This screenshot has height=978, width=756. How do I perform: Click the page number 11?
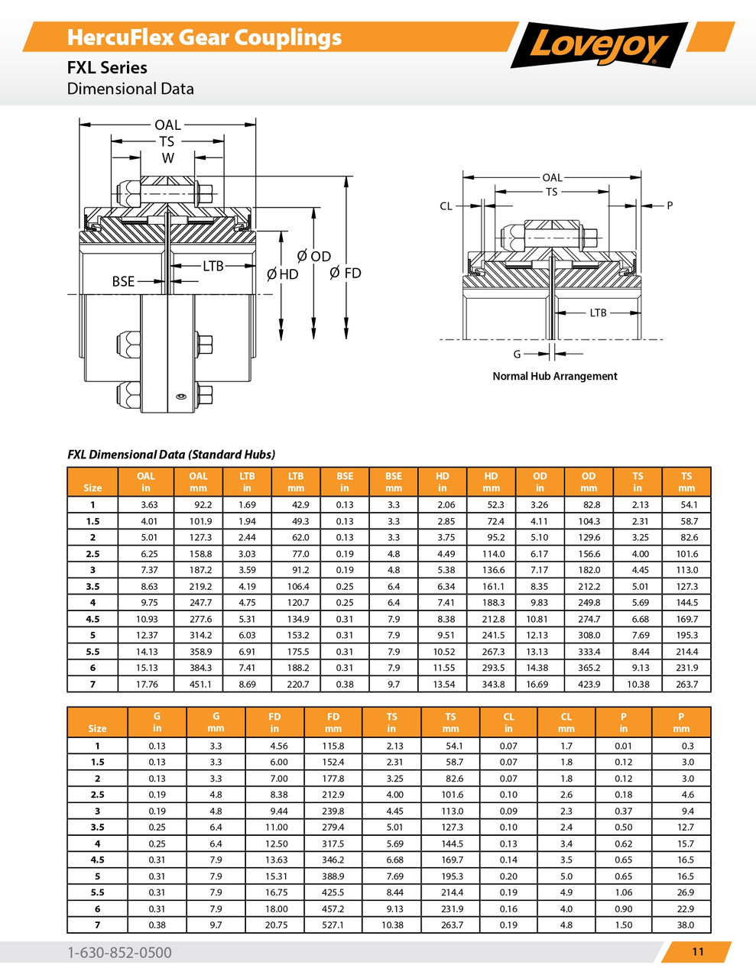click(x=697, y=951)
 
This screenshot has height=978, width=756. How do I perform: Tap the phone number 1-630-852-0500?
click(x=119, y=952)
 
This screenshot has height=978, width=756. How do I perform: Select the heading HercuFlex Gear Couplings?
click(x=204, y=37)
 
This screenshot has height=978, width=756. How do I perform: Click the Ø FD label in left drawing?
click(x=345, y=273)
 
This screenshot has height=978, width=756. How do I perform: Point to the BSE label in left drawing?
click(x=123, y=281)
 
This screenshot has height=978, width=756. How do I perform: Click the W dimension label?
click(x=167, y=158)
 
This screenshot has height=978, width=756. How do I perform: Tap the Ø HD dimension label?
click(x=283, y=274)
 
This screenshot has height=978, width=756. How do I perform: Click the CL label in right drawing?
click(x=446, y=206)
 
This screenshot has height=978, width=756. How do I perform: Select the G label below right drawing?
click(x=517, y=354)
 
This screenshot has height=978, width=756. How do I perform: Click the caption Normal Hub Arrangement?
click(x=554, y=376)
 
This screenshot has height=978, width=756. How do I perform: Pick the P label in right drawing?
click(x=670, y=206)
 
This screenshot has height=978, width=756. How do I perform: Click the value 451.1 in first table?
click(x=200, y=684)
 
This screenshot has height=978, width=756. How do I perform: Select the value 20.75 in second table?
click(x=275, y=925)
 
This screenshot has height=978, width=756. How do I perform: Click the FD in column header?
click(x=274, y=722)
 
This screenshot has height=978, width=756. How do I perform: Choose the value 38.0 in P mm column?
click(x=685, y=925)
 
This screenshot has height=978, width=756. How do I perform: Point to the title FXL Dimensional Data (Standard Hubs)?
click(x=171, y=454)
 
